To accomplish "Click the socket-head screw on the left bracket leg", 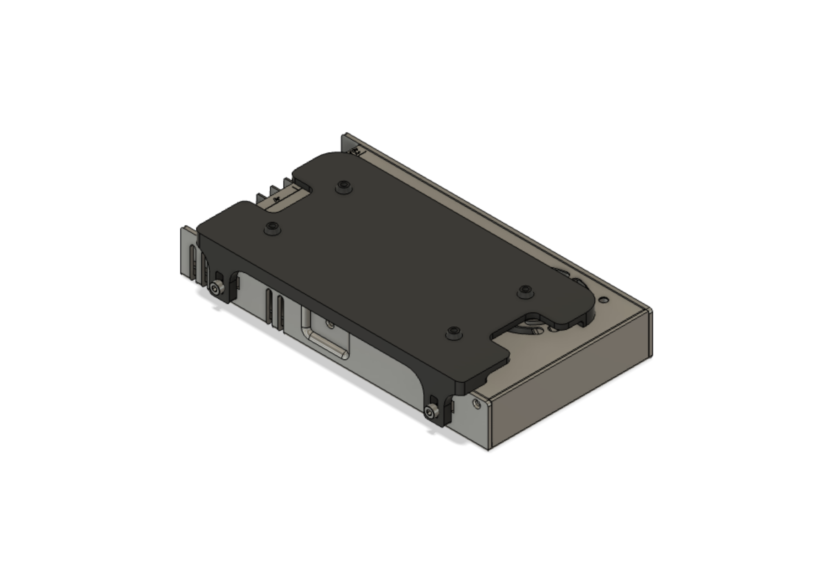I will click(x=216, y=289).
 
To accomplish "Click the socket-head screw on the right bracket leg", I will click(x=430, y=412).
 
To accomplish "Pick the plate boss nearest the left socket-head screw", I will click(x=272, y=228).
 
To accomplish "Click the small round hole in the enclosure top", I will click(x=604, y=300).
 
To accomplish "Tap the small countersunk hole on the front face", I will click(x=476, y=404).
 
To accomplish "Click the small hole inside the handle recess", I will click(x=330, y=324).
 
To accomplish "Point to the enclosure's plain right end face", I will click(x=570, y=394).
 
